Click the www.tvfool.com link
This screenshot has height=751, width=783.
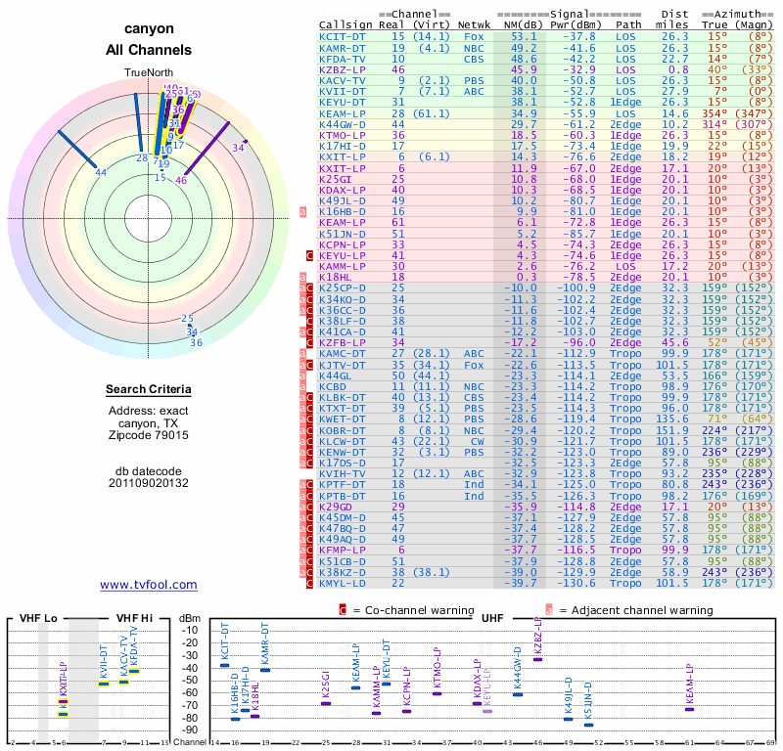149,585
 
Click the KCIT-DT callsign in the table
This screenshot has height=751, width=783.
342,35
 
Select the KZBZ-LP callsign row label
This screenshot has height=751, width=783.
342,69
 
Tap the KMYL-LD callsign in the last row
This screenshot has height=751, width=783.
342,582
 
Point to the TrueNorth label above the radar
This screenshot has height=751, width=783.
148,73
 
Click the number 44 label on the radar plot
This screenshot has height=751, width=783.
101,173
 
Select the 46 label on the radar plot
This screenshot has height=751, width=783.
181,180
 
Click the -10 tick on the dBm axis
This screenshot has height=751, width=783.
190,630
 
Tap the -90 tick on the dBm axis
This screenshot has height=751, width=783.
190,729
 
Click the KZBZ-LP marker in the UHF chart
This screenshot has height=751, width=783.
537,659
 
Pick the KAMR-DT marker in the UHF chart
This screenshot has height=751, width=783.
264,670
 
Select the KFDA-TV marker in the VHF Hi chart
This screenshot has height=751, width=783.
134,671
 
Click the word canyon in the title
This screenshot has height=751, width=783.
149,29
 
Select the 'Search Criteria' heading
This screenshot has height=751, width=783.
149,390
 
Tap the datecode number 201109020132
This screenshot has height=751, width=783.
149,483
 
